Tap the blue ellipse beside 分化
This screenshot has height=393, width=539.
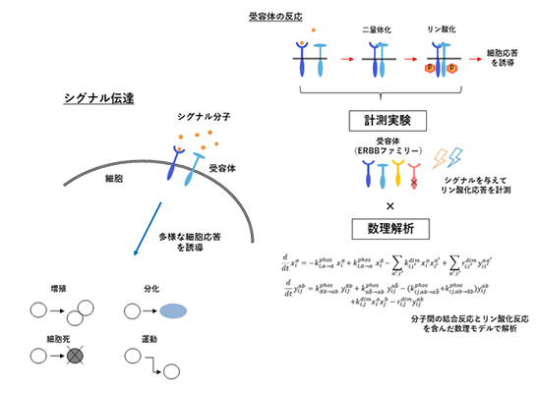172,311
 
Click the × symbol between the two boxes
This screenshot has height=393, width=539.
380,205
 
